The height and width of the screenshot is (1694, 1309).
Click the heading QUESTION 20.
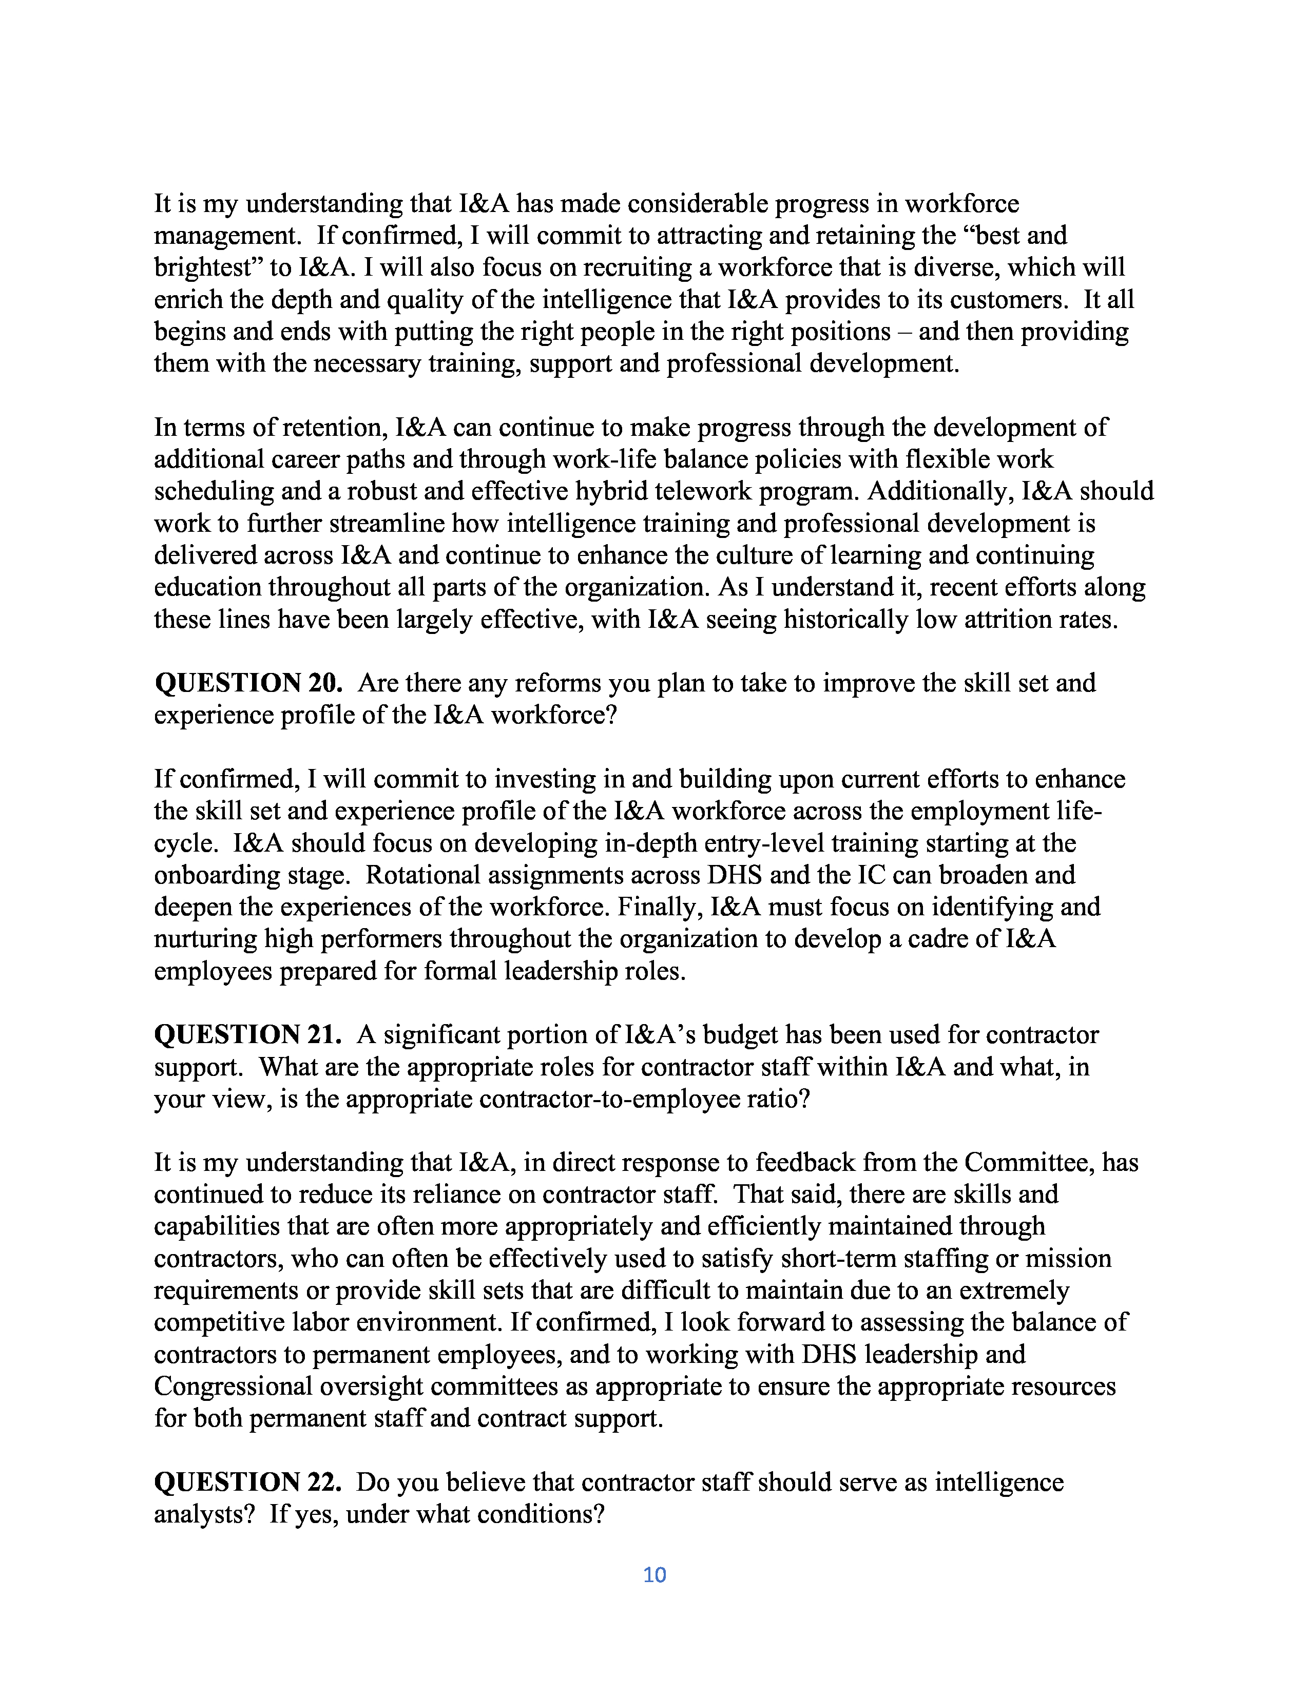[248, 683]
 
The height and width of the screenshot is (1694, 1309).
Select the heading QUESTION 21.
[248, 1035]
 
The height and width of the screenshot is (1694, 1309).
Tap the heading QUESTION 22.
[248, 1483]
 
